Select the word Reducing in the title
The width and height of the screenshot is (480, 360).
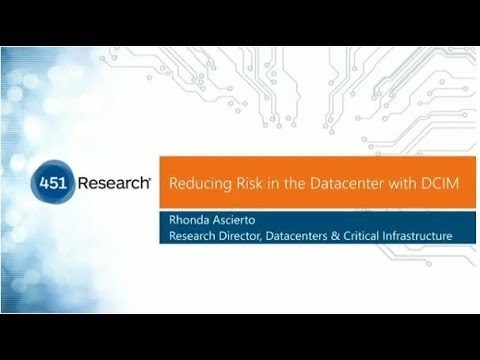tap(195, 184)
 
